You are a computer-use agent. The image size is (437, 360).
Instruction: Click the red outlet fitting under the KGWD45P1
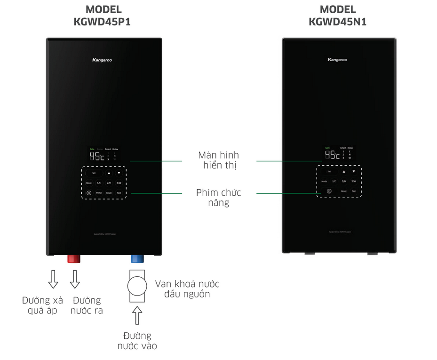pos(74,259)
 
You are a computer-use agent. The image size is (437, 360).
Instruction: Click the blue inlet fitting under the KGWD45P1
pos(137,259)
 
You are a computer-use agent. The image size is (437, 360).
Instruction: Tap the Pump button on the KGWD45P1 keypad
pos(99,193)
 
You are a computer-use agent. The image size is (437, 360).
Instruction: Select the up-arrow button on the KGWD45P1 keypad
pos(109,173)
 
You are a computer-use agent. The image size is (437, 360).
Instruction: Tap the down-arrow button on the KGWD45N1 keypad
pos(354,172)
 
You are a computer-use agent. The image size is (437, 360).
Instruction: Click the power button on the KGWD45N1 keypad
pos(329,191)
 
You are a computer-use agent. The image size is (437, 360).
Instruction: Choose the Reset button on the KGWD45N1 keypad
pos(343,191)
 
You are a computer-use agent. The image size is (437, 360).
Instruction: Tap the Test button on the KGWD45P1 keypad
pos(119,193)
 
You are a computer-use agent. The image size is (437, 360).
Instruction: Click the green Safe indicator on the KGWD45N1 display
pos(328,148)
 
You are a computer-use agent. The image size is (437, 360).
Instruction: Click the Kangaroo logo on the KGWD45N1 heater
pos(337,60)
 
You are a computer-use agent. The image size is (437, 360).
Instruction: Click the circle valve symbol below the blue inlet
pos(137,286)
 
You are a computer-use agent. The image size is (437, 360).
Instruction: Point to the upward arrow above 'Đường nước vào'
pos(137,315)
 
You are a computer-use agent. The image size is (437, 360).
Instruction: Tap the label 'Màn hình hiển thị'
pos(218,160)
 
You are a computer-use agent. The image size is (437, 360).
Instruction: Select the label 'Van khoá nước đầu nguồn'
pos(187,289)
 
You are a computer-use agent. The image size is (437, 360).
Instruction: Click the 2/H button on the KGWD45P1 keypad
pos(109,183)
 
